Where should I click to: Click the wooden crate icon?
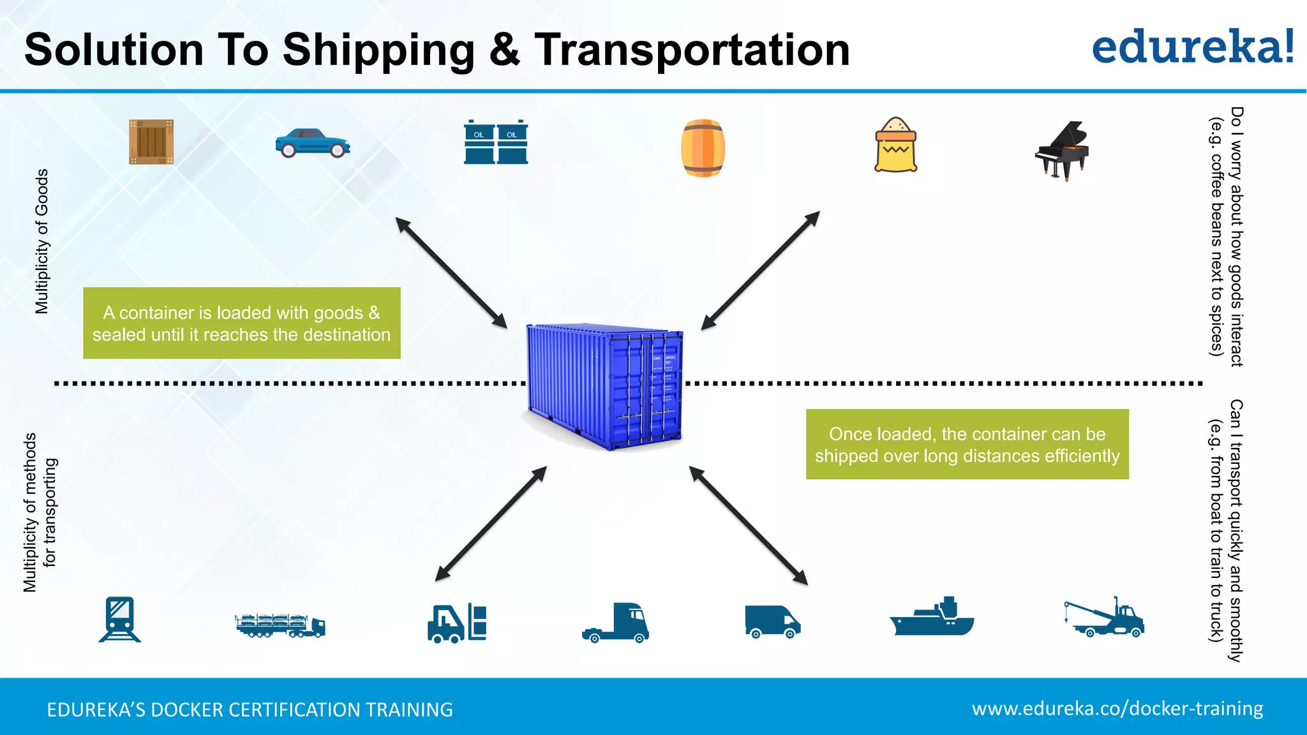tap(151, 142)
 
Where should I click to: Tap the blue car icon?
tap(313, 144)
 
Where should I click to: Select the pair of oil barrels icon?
tap(496, 142)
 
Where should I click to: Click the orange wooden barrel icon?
tap(703, 148)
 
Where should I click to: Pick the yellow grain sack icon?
tap(895, 145)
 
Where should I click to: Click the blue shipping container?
tap(605, 386)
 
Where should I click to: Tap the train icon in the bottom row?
tap(120, 619)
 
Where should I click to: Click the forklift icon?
tap(457, 623)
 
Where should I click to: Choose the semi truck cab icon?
tap(616, 623)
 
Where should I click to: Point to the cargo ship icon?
tap(932, 618)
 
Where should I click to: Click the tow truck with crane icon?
tap(1104, 618)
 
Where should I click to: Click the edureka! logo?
tap(1192, 47)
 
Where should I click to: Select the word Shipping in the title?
tap(378, 51)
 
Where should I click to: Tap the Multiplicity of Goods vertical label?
tap(41, 241)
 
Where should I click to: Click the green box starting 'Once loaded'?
tap(967, 444)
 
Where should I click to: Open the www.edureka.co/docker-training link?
tap(1117, 708)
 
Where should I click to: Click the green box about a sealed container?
tap(241, 323)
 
